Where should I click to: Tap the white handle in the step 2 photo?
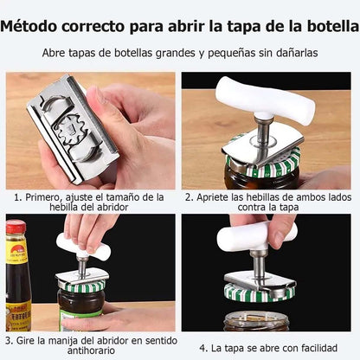[x=265, y=100]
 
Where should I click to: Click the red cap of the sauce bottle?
[x=16, y=227]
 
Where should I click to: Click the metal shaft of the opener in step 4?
[x=258, y=265]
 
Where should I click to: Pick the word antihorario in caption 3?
[x=91, y=350]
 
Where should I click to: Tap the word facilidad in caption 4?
[x=319, y=348]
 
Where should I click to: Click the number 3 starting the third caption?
[x=9, y=341]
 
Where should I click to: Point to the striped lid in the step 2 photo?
[x=263, y=164]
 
